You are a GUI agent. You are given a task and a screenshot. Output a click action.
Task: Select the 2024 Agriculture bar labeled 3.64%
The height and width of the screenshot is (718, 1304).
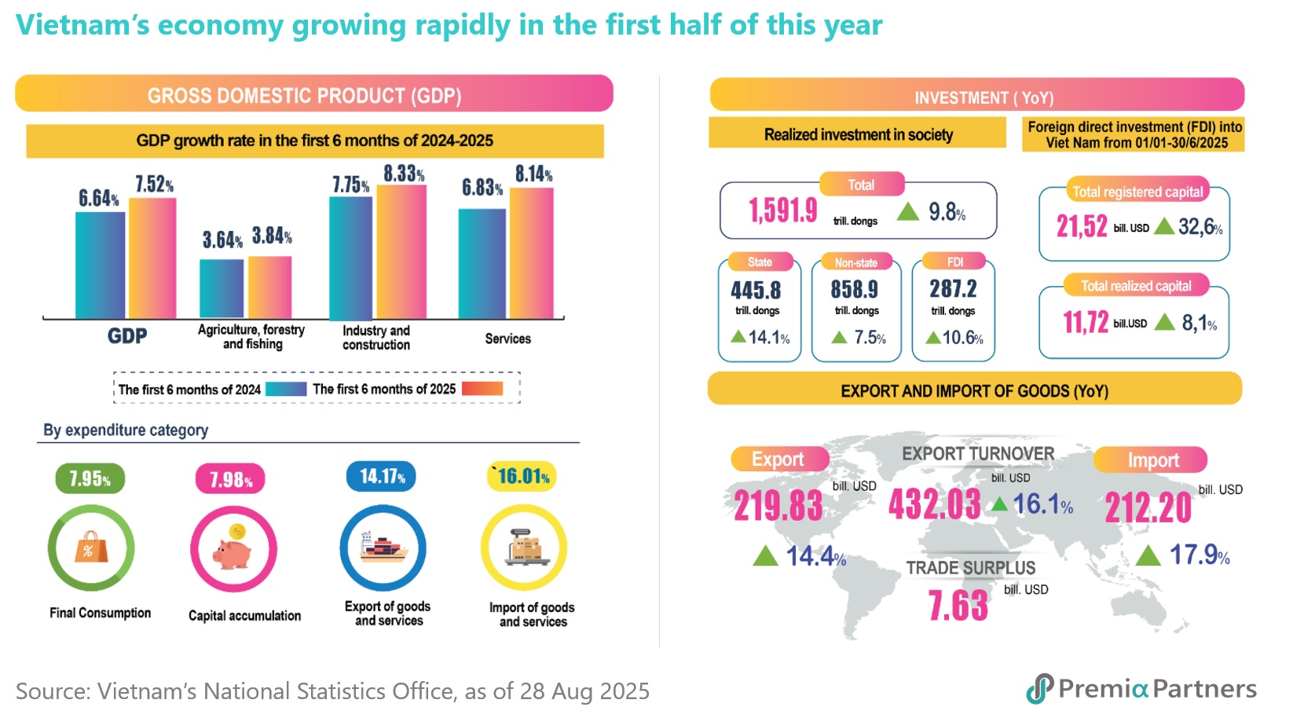(x=222, y=288)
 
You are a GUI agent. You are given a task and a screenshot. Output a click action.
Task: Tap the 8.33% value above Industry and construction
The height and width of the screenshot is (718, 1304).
(x=404, y=174)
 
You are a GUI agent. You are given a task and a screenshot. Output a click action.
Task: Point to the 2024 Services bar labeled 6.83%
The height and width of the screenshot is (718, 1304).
(x=482, y=263)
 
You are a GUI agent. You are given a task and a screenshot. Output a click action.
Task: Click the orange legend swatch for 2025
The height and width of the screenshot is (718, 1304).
(x=482, y=389)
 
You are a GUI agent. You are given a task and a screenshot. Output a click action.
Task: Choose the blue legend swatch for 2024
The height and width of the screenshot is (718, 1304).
(x=286, y=389)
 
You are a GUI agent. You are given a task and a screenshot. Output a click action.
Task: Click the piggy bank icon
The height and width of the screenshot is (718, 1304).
(x=233, y=549)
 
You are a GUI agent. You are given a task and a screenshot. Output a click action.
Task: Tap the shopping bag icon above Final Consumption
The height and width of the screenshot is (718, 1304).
(x=90, y=548)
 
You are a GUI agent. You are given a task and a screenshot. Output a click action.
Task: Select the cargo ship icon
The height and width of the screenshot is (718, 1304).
(x=383, y=547)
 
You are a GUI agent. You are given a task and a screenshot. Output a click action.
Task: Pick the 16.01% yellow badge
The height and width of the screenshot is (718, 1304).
(x=522, y=476)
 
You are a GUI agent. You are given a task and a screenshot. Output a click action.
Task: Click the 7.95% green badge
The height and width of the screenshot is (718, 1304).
(x=90, y=478)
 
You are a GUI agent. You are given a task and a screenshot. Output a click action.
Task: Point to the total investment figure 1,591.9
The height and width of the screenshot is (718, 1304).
(x=782, y=211)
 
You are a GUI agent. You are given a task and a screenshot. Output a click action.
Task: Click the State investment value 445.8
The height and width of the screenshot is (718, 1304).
(x=756, y=291)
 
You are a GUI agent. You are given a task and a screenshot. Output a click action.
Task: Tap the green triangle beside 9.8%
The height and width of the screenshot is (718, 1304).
(x=908, y=211)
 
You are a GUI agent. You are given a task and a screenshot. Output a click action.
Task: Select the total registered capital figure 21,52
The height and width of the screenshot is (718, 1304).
(x=1082, y=227)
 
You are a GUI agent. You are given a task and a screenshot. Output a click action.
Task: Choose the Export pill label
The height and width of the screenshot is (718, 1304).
(x=778, y=460)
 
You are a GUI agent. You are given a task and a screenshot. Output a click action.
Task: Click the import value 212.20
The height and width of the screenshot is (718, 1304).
(x=1148, y=507)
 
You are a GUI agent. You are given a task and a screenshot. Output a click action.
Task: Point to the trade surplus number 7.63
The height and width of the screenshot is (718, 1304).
(x=958, y=606)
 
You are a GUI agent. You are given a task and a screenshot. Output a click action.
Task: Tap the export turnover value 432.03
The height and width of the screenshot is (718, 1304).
(x=934, y=504)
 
